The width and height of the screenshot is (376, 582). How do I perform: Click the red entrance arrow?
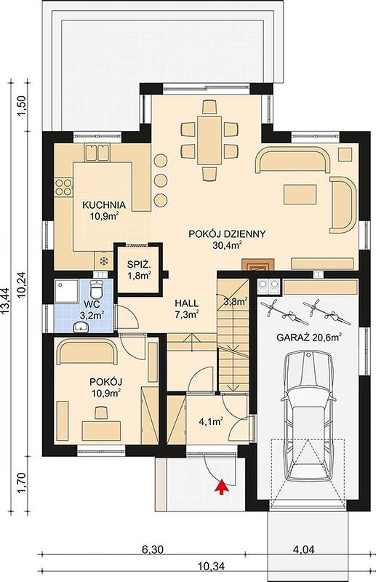pos(221,487)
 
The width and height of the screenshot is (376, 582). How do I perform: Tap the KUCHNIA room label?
pos(103,205)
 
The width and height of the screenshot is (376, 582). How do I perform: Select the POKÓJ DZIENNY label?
pos(227,234)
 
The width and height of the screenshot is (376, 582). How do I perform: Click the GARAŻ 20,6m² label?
pos(309,338)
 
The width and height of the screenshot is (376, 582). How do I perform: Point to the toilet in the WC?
pos(97,290)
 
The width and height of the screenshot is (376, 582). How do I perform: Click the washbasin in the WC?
pos(81,327)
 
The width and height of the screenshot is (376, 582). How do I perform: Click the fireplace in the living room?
pos(258,264)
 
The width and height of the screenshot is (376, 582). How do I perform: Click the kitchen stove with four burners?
pos(63,187)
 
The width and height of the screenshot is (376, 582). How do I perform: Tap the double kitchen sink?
pos(97,153)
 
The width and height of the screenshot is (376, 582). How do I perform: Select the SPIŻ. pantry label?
pos(138,265)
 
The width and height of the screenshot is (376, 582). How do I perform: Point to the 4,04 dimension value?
pos(303,549)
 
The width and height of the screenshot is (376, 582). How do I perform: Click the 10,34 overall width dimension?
pos(209,566)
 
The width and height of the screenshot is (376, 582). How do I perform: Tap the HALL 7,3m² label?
pos(186,308)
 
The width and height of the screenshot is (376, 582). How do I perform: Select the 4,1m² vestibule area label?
pos(211,421)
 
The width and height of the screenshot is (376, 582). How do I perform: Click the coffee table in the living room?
pos(300,194)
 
